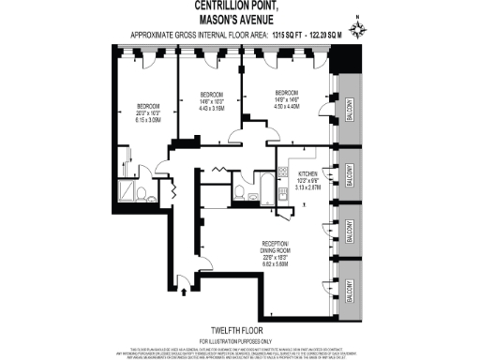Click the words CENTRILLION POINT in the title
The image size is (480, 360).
239,7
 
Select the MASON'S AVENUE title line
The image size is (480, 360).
239,20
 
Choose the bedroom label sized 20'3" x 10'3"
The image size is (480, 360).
149,106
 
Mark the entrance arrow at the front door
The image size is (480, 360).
181,293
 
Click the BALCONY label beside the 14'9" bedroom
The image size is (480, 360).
346,112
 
